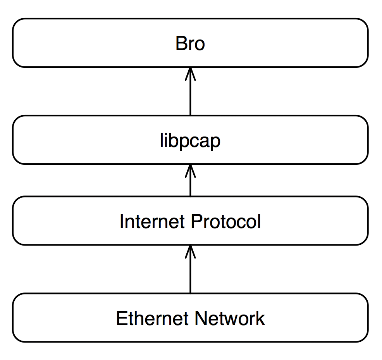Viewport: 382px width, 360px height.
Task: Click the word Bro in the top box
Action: coord(190,43)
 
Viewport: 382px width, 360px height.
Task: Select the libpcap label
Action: coord(190,141)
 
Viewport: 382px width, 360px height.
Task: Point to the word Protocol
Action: coord(226,222)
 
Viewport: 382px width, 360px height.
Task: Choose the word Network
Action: coord(230,318)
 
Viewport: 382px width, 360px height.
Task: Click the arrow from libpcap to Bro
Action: coord(190,91)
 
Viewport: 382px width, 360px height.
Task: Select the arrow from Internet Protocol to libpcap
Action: coord(190,180)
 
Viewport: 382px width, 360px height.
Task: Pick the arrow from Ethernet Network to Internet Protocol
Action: coord(190,269)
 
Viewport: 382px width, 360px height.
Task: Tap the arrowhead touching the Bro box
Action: coord(190,74)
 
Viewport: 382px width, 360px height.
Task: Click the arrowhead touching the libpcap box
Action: coord(190,171)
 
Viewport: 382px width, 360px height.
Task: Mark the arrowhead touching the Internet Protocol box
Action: coord(190,251)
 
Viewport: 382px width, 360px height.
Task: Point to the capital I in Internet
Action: coord(121,222)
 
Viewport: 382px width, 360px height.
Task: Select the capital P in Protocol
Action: coord(196,222)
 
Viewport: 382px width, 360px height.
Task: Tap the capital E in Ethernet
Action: coord(122,318)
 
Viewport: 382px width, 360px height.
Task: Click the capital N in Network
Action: coord(201,318)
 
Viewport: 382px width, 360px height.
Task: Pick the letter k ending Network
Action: coord(260,318)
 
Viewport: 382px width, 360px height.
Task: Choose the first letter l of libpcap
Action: coord(161,140)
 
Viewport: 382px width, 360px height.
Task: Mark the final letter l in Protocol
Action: coord(260,221)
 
